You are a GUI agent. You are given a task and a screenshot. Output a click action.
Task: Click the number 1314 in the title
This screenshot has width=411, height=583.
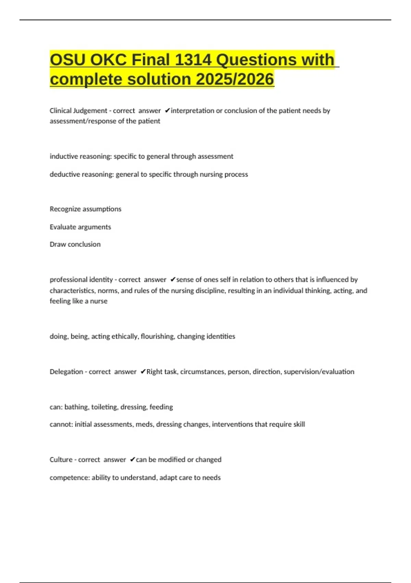[x=193, y=60]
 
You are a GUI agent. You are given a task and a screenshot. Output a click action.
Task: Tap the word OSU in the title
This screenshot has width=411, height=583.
[x=67, y=60]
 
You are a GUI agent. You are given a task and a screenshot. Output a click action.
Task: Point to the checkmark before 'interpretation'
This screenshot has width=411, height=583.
[x=167, y=110]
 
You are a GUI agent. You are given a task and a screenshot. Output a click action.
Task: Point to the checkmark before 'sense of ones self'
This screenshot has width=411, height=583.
[x=173, y=279]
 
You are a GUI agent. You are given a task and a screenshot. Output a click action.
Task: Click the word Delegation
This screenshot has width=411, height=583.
[x=66, y=372]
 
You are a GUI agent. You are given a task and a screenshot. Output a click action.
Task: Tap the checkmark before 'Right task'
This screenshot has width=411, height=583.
[x=143, y=372]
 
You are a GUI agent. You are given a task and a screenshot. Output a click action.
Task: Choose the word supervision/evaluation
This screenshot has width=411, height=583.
[x=319, y=372]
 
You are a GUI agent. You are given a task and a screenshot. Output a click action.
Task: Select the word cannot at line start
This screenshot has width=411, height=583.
[x=60, y=425]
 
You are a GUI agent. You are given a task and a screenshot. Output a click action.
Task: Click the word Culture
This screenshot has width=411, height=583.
[x=61, y=460]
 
